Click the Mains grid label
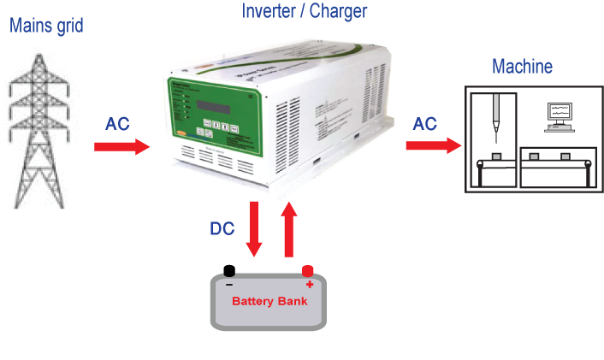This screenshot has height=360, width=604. click(46, 25)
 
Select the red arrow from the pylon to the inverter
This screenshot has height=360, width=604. click(121, 147)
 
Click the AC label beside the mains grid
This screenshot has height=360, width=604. click(117, 124)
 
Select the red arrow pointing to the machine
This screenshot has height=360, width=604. click(432, 145)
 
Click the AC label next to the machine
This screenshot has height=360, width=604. click(425, 123)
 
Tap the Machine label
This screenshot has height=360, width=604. click(522, 67)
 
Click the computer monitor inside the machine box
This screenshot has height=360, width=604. click(560, 112)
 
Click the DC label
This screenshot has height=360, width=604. click(222, 228)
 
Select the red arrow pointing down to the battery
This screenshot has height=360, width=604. click(253, 229)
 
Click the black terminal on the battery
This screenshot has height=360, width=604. click(229, 269)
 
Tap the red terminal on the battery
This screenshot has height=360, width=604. click(308, 270)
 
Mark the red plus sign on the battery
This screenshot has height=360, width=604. click(309, 284)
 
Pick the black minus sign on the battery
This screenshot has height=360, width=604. click(229, 283)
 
